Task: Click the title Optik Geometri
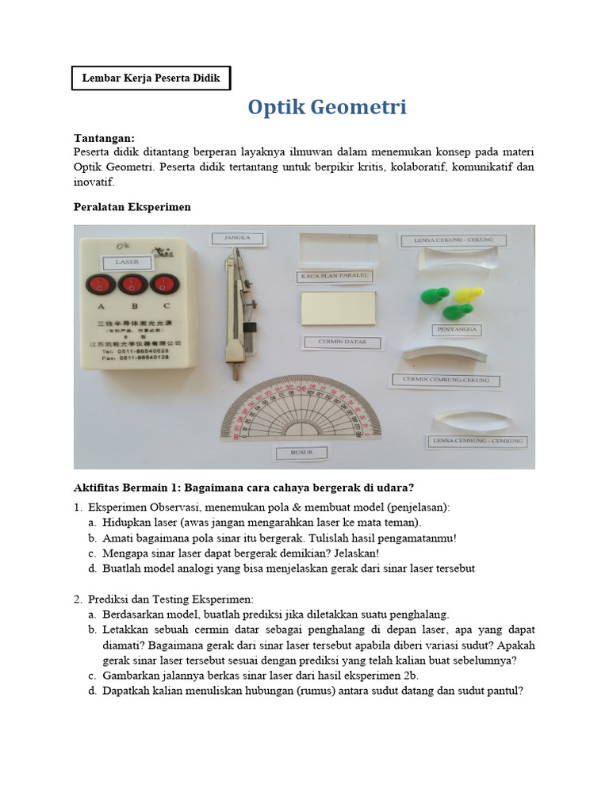(x=327, y=107)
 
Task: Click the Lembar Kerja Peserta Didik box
(x=151, y=78)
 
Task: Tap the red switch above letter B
(x=132, y=285)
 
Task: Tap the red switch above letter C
(x=164, y=285)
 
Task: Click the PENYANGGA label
(x=458, y=329)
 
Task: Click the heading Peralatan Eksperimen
(x=132, y=207)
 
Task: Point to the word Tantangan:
(x=104, y=137)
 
